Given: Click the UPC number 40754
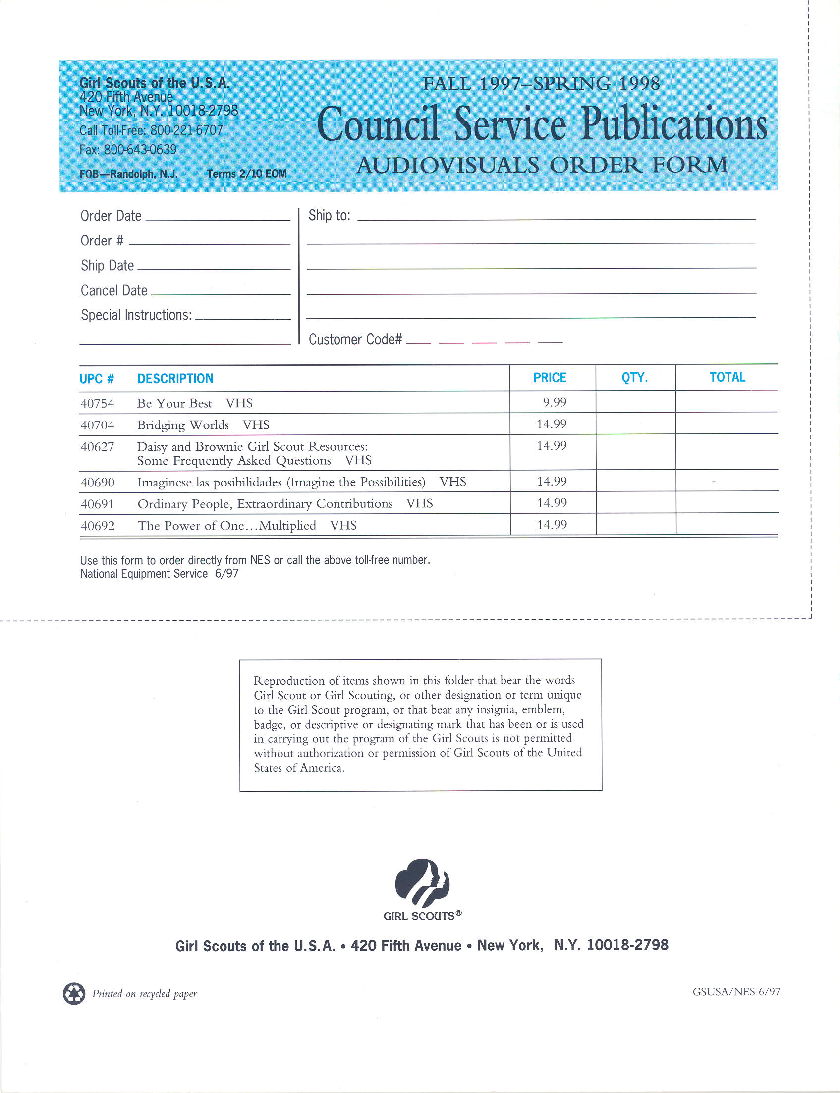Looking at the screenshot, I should pyautogui.click(x=97, y=403).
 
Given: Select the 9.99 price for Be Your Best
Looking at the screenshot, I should pyautogui.click(x=555, y=402).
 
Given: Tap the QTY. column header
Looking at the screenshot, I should pyautogui.click(x=634, y=378).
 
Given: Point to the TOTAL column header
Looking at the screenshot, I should pyautogui.click(x=727, y=377).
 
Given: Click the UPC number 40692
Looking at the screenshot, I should pyautogui.click(x=98, y=526).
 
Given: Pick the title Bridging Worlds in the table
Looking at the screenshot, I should pyautogui.click(x=183, y=425).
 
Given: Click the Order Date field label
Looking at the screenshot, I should pyautogui.click(x=111, y=216).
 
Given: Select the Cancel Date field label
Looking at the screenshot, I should pyautogui.click(x=114, y=290).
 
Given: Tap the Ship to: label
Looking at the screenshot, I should pyautogui.click(x=330, y=215).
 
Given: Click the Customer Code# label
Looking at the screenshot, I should pyautogui.click(x=355, y=339).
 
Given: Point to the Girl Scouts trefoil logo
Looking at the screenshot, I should pyautogui.click(x=423, y=882).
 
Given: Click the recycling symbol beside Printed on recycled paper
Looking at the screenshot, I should pyautogui.click(x=74, y=993).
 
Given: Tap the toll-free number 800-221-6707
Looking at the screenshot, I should pyautogui.click(x=186, y=130).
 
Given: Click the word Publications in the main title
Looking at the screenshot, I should pyautogui.click(x=673, y=124).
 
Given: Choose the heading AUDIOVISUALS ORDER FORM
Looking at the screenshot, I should pyautogui.click(x=542, y=165).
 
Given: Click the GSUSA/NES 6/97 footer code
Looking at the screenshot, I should pyautogui.click(x=736, y=991).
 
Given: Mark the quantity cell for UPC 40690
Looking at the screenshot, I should pyautogui.click(x=635, y=481).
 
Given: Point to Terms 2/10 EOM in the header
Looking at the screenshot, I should pyautogui.click(x=247, y=174).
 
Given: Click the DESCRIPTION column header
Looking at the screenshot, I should pyautogui.click(x=175, y=379).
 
